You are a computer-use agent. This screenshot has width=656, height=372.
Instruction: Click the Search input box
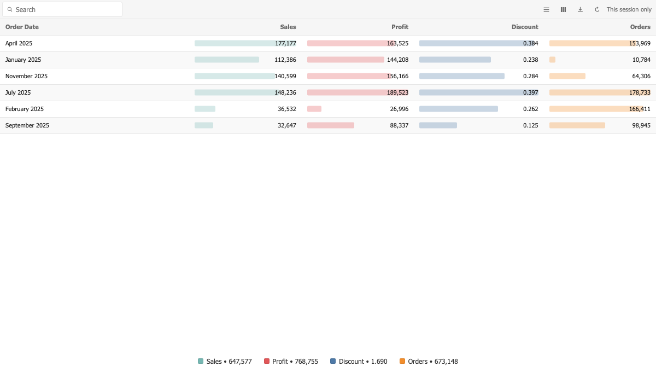click(x=62, y=9)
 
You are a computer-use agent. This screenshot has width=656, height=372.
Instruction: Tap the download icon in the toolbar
click(x=580, y=10)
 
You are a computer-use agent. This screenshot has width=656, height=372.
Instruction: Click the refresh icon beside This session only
click(x=597, y=10)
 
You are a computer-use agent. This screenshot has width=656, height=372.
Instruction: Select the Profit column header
click(x=400, y=27)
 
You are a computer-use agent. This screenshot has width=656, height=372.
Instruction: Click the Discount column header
click(x=525, y=27)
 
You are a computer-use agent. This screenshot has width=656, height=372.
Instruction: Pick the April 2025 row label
click(x=19, y=43)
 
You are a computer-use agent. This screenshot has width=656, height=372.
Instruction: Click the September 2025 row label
click(x=27, y=125)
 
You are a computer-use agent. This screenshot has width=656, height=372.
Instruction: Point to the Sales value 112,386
click(x=285, y=60)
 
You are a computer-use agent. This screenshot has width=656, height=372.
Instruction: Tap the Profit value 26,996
click(x=399, y=109)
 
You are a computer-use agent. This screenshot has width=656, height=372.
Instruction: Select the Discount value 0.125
click(x=531, y=125)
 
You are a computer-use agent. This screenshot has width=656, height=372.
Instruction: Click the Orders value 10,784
click(x=641, y=60)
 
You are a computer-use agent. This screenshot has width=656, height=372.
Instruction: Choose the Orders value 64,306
click(x=641, y=76)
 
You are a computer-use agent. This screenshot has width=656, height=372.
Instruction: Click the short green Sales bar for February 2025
click(x=205, y=109)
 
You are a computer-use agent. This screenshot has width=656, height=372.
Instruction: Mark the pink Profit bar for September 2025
click(x=331, y=125)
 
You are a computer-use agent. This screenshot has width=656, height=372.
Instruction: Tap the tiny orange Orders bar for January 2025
click(x=552, y=60)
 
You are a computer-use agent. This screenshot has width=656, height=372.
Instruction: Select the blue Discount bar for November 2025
click(x=462, y=76)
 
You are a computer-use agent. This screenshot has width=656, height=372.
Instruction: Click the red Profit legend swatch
click(x=267, y=361)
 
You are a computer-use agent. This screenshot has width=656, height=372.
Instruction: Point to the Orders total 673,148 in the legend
click(x=446, y=362)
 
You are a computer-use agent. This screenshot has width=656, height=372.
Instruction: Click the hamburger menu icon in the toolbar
click(x=546, y=10)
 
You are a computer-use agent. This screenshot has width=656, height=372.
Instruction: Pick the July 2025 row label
click(x=18, y=92)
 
